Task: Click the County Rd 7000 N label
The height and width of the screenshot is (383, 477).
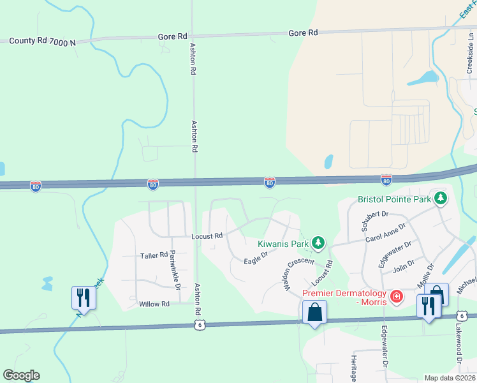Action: coord(42,42)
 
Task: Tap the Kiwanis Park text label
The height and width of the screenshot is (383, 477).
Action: coord(283,243)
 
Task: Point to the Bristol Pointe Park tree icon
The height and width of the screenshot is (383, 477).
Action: coord(439,199)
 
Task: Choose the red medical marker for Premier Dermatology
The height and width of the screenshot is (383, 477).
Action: coord(396,296)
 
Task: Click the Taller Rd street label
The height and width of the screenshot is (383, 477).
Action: coord(154,255)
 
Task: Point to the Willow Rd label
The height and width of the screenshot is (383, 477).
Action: coord(154,304)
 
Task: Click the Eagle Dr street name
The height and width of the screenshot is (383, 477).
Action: coord(255,257)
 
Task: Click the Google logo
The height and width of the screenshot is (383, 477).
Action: coord(21,375)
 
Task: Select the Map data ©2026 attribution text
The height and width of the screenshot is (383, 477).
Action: coord(449,378)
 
